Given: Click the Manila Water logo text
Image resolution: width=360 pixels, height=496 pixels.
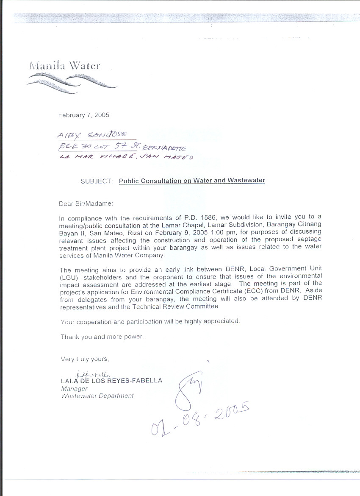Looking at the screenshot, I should [x=65, y=66].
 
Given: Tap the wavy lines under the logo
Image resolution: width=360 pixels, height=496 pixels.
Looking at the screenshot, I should [x=71, y=80].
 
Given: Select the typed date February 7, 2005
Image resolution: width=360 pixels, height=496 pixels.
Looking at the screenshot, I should [x=84, y=115].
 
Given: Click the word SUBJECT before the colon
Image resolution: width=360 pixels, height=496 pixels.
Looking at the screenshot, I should [x=96, y=181].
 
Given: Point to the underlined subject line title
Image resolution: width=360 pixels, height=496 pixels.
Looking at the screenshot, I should [x=192, y=181].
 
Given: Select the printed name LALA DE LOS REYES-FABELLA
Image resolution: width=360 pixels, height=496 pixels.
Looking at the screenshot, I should [x=111, y=381].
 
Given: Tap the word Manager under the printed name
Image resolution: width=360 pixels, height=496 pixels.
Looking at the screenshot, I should [x=74, y=388].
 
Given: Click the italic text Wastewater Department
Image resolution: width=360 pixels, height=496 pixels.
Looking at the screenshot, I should [x=97, y=396].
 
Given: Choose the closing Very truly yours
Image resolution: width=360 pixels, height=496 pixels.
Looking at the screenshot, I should [x=85, y=359].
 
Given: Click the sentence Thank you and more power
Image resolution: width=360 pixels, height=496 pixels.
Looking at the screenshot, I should [x=102, y=337].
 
